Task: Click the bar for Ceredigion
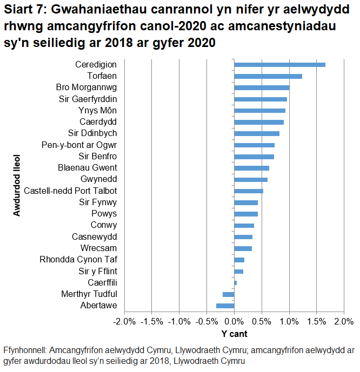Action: (x=279, y=65)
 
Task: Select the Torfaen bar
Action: (x=268, y=76)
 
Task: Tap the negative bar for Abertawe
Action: (x=225, y=306)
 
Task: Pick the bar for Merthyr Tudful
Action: (x=229, y=294)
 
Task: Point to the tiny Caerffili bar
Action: (x=236, y=282)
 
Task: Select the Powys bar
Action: (x=246, y=214)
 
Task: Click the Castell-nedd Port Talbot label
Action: (x=78, y=191)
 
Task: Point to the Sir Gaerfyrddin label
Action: (x=88, y=99)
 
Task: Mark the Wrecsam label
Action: (x=98, y=248)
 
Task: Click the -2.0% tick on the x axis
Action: (x=124, y=322)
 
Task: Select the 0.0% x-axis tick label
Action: (x=234, y=322)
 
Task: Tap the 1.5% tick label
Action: (x=316, y=322)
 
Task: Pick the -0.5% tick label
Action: (x=206, y=322)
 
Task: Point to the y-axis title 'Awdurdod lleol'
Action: (x=17, y=185)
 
